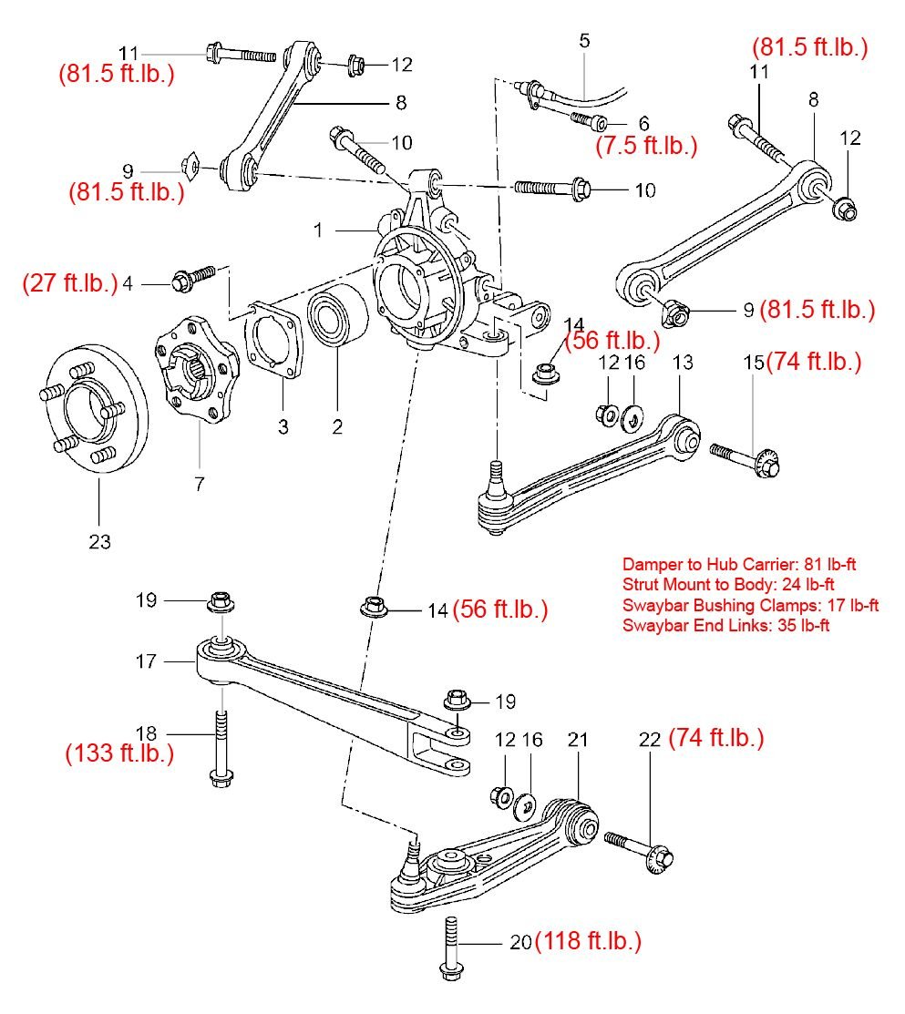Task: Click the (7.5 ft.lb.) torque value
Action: (x=646, y=145)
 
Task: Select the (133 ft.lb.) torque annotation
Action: (x=119, y=754)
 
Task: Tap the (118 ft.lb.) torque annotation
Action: (x=588, y=941)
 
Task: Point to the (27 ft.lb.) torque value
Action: (x=70, y=283)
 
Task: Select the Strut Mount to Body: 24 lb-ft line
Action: (x=729, y=585)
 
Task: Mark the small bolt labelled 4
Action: (x=192, y=278)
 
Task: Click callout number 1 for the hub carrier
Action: (x=319, y=230)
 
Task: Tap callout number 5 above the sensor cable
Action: (x=584, y=40)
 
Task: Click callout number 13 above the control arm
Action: (x=683, y=362)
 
